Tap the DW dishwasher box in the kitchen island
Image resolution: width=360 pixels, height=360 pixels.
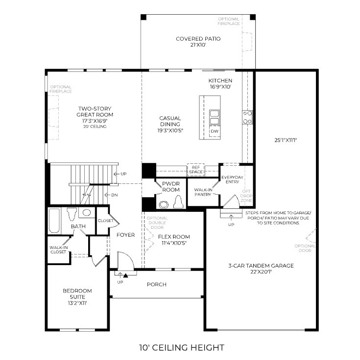tap(214, 132)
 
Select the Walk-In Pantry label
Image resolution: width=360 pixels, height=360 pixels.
tap(203, 192)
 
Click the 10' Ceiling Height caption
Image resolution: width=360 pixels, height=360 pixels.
tap(181, 348)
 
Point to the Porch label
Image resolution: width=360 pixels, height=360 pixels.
tap(157, 284)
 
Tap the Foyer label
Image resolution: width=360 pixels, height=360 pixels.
tap(125, 235)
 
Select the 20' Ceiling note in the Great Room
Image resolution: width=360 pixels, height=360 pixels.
tap(95, 127)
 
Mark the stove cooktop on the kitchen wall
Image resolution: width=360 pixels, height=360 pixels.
tap(247, 117)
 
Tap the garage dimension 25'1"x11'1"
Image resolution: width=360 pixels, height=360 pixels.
tap(287, 140)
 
